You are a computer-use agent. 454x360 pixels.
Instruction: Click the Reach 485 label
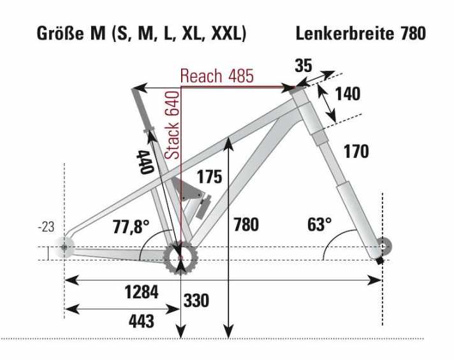217,76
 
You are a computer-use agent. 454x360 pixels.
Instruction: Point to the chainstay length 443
141,320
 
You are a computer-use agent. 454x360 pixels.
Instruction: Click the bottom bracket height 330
196,300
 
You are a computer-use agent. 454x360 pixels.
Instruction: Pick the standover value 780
246,224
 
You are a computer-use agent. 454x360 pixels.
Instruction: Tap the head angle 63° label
319,224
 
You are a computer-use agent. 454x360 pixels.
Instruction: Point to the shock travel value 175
209,176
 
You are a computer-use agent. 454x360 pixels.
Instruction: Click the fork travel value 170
356,152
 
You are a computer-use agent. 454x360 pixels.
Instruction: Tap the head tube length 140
348,94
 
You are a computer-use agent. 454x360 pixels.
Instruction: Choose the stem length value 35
304,65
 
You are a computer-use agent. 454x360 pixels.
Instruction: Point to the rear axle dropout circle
65,246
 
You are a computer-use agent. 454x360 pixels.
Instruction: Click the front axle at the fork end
381,245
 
